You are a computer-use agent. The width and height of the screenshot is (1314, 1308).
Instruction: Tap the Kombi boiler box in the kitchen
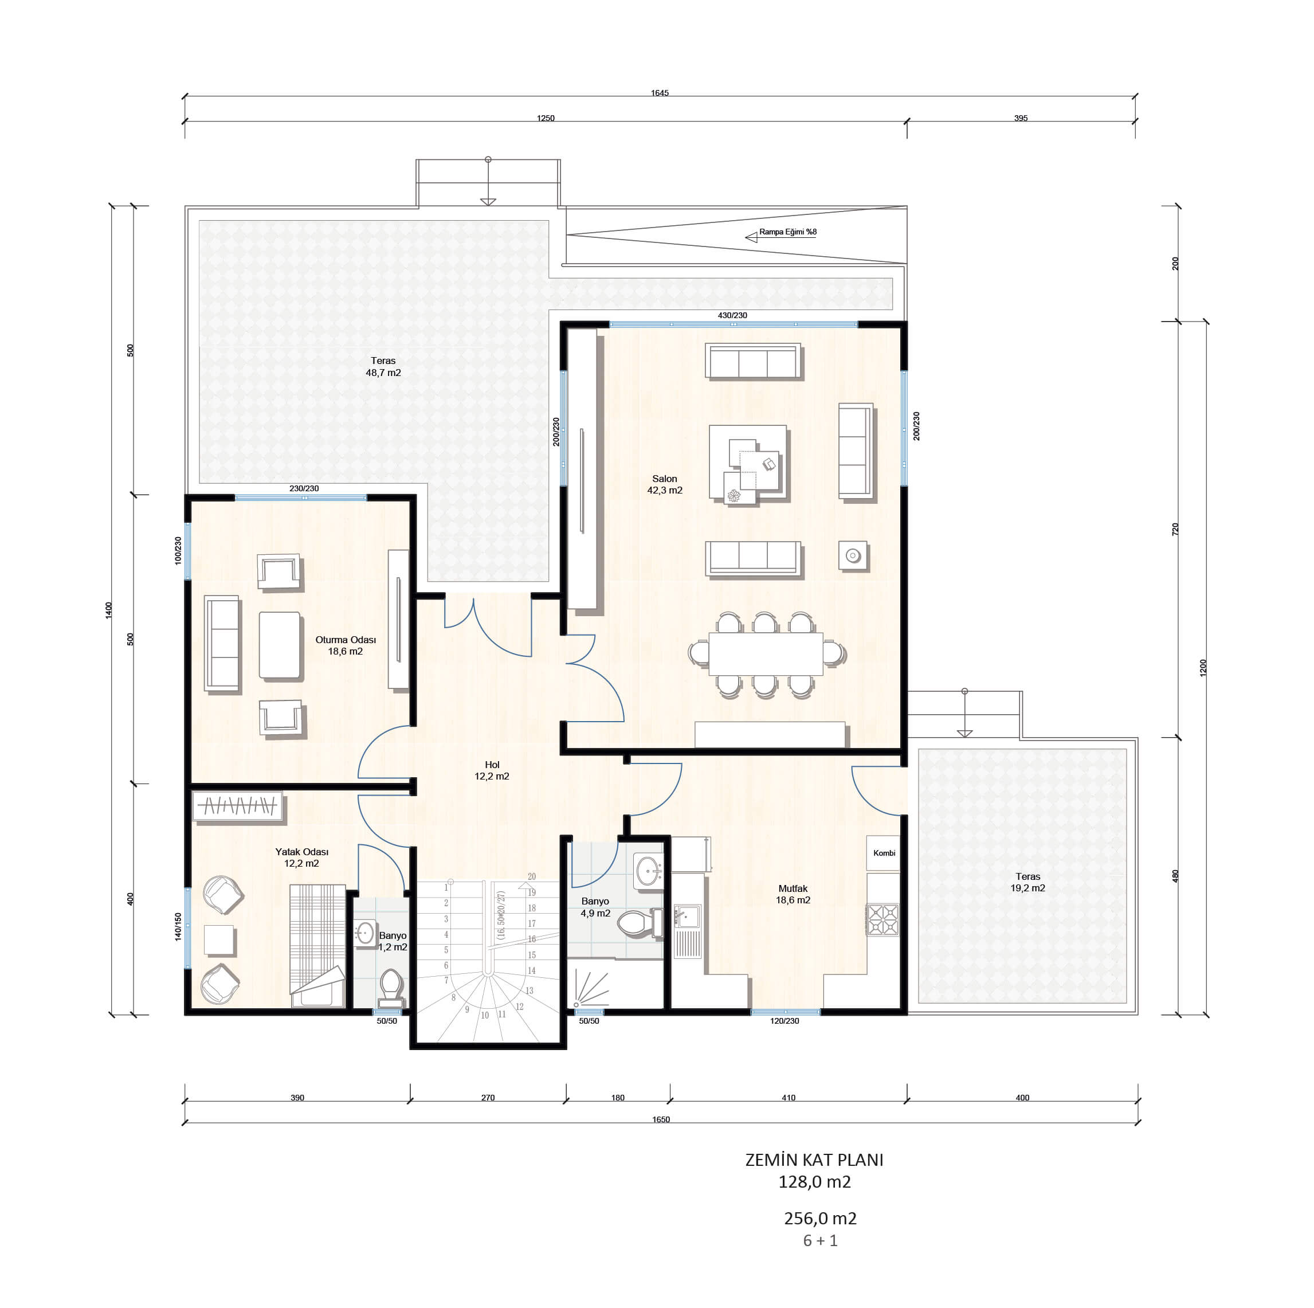point(883,853)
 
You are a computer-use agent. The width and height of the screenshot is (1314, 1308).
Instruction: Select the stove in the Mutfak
point(882,919)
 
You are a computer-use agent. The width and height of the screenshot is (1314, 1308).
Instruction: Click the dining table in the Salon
point(766,655)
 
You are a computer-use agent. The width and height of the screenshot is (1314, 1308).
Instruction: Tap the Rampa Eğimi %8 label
point(787,232)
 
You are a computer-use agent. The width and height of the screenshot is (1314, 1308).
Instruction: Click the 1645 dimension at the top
point(659,93)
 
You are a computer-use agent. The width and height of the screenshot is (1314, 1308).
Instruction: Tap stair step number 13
point(529,990)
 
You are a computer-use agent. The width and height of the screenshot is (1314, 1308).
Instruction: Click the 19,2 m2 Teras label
point(1027,882)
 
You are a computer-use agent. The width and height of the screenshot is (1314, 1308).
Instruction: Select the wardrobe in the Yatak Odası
point(237,806)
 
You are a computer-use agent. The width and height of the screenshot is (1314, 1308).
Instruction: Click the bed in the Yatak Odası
point(317,945)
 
